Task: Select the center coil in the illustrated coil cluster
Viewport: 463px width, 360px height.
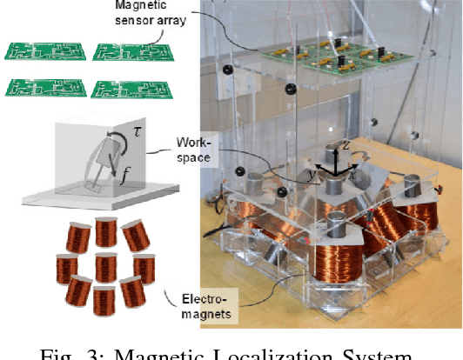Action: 106,263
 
